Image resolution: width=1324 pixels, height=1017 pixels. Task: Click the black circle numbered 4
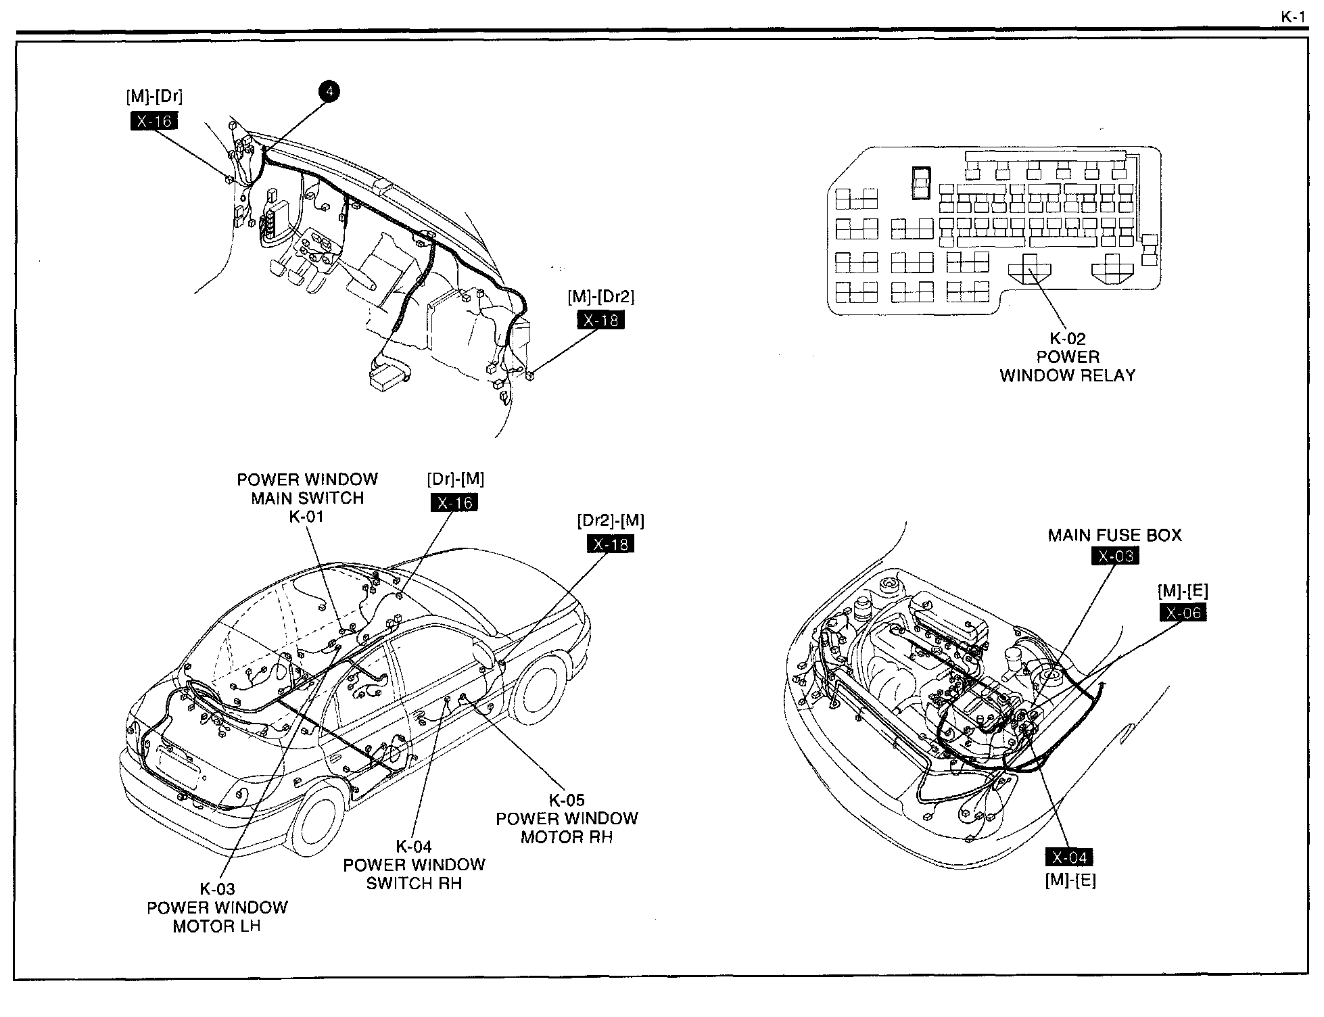pos(329,92)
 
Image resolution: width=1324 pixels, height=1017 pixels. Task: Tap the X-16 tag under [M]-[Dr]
pos(154,121)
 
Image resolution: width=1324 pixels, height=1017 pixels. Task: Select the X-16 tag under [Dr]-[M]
pos(454,502)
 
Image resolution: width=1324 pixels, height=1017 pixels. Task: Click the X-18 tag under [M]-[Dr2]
pos(600,320)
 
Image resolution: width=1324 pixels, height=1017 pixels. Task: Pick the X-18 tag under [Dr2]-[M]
pos(610,544)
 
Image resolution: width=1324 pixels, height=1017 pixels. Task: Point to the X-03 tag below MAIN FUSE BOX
pos(1115,556)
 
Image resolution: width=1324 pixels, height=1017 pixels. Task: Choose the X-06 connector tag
pos(1183,613)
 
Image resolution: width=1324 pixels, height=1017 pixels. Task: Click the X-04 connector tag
pos(1069,857)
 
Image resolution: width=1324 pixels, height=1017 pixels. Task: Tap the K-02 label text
pos(1067,339)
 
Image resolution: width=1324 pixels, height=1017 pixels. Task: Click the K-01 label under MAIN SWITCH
pos(306,517)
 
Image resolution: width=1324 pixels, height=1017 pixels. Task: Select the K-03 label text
pos(217,889)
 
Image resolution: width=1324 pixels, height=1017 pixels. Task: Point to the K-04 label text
pos(414,846)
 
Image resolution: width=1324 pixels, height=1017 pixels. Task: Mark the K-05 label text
pos(567,800)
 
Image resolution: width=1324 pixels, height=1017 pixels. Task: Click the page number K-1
pos(1293,17)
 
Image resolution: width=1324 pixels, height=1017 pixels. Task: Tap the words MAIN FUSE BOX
pos(1114,535)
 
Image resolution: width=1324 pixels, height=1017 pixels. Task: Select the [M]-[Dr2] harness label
pos(601,296)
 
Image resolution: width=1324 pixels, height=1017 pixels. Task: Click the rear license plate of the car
pos(177,767)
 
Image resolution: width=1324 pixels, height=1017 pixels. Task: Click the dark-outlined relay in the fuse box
pos(921,183)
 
